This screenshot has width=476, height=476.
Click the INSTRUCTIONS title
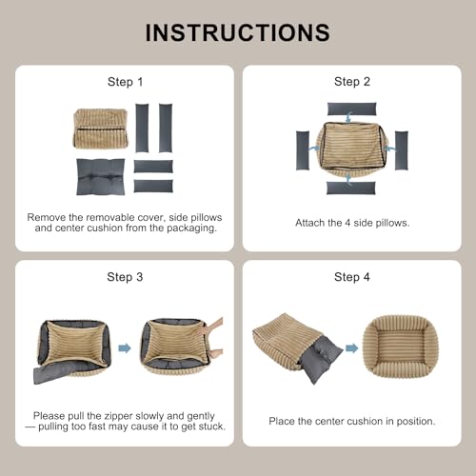point(238,32)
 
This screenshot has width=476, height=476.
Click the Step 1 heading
point(125,82)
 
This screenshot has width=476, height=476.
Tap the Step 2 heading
point(352,82)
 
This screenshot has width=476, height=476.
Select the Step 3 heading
point(125,277)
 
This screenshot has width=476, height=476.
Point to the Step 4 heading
point(352,277)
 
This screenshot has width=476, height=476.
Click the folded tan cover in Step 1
point(101,129)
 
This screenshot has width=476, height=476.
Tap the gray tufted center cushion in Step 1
point(101,177)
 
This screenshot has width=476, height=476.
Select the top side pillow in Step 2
point(351,109)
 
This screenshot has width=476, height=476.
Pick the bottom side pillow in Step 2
point(351,188)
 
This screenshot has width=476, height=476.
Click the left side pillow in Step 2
point(303,150)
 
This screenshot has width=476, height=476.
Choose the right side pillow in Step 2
point(402,150)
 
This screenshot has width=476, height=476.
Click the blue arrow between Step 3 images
point(125,348)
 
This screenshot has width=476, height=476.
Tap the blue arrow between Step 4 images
point(351,348)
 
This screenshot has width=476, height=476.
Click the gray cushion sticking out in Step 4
point(321,359)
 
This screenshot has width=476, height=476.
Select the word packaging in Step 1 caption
point(192,228)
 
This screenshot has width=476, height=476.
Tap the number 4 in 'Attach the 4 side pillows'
point(347,223)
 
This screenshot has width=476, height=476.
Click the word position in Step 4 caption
point(416,422)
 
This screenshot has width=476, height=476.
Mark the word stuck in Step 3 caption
point(212,426)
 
